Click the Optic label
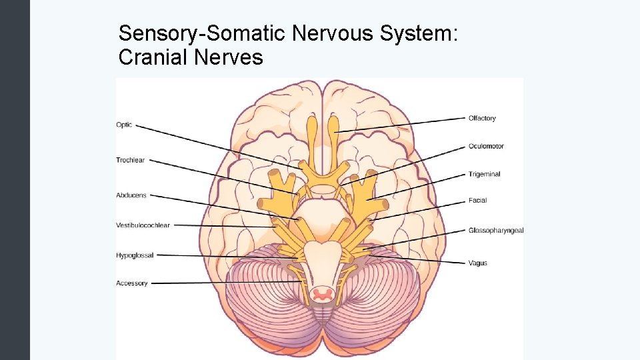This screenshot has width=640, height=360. [x=124, y=125]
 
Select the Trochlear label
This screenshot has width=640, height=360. [x=130, y=160]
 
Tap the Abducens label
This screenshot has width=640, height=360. [x=131, y=195]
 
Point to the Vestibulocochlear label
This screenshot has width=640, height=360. [x=143, y=225]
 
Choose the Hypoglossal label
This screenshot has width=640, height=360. [x=135, y=255]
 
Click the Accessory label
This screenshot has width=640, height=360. [x=131, y=283]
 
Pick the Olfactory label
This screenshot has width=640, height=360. [x=482, y=118]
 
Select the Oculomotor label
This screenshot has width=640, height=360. [x=486, y=146]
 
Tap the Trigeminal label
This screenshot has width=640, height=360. [x=484, y=174]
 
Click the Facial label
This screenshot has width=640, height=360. [x=477, y=200]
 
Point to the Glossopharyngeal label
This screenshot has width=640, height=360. [x=496, y=231]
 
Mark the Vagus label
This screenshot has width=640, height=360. [x=477, y=263]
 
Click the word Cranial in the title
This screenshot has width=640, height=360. [x=153, y=58]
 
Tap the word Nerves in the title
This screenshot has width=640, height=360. [x=228, y=58]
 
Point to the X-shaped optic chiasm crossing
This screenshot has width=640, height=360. [x=322, y=175]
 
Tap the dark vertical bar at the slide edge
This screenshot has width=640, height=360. [x=15, y=180]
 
